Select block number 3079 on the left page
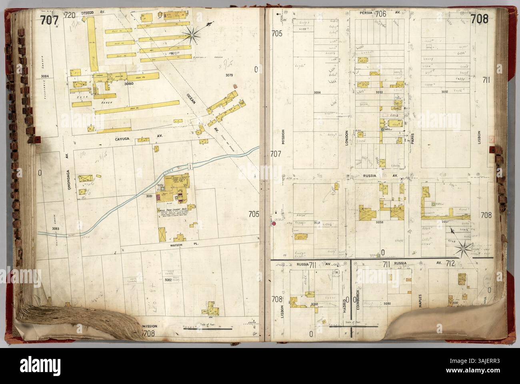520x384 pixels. point(229,75)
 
